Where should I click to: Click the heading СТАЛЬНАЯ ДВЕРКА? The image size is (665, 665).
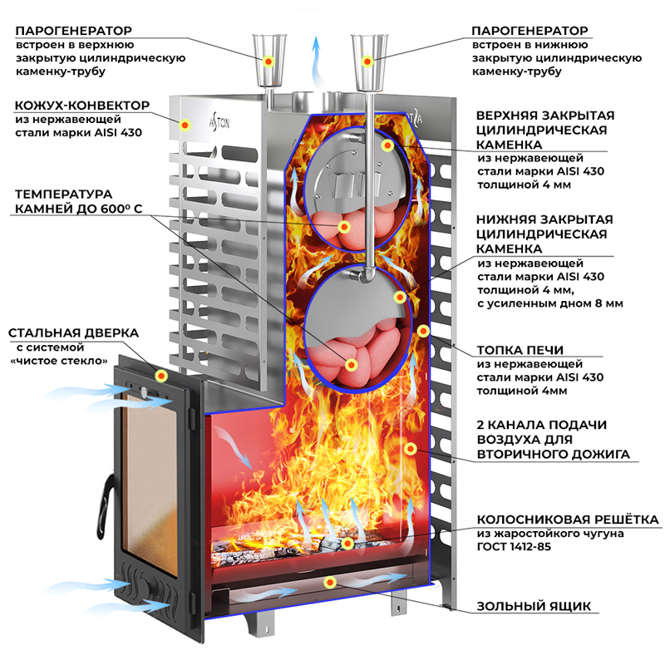pos(74,332)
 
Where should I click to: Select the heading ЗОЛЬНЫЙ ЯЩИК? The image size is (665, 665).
pos(534,606)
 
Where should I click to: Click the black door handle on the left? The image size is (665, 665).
pos(106,504)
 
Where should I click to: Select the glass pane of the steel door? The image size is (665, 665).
pos(155,474)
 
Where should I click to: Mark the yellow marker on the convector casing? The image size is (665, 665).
pos(185,125)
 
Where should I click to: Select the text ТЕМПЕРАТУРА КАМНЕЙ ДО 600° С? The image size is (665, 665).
pos(69,200)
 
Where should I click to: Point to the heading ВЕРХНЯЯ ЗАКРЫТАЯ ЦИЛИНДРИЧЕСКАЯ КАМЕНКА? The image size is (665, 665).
pos(544,130)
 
